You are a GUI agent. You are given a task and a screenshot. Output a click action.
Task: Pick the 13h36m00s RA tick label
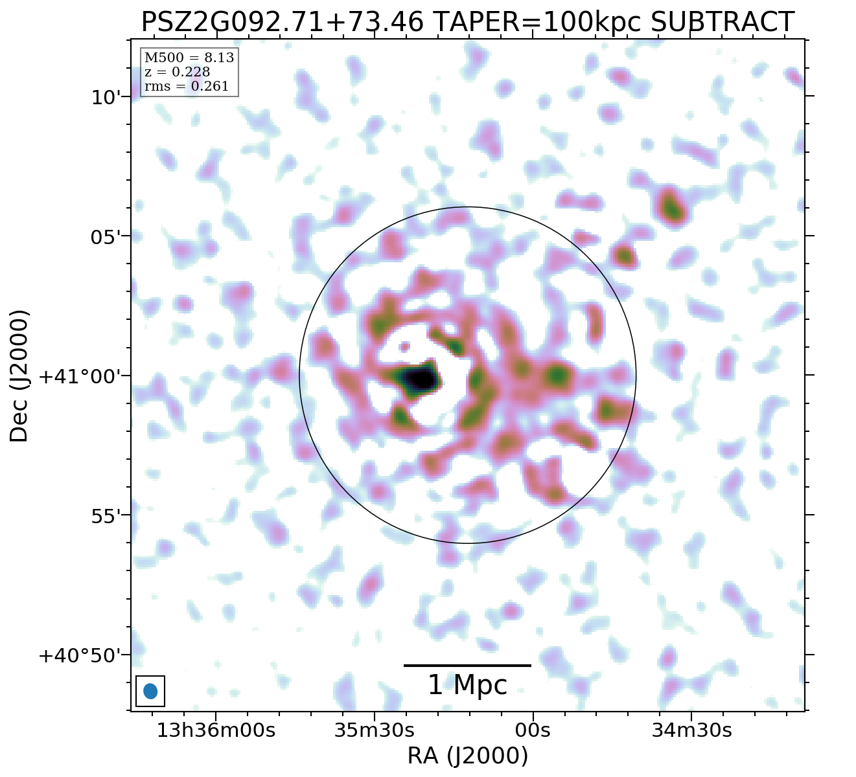tap(216, 730)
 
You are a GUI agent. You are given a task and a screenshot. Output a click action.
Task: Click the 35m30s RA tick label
tap(374, 730)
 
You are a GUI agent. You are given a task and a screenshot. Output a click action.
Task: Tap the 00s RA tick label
tap(533, 730)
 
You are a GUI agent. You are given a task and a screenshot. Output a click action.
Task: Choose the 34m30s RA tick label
tap(692, 730)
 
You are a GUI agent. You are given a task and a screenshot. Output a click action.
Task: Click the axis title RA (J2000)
tap(467, 756)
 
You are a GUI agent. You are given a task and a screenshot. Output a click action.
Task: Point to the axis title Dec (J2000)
tap(19, 376)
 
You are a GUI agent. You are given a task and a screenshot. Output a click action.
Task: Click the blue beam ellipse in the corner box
tap(150, 691)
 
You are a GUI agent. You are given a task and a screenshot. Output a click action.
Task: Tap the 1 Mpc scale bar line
tap(467, 665)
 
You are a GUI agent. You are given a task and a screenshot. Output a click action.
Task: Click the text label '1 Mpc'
tap(467, 685)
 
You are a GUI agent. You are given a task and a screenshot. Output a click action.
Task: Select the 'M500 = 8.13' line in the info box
tap(189, 58)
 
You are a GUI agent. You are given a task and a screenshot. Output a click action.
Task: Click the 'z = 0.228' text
tap(177, 73)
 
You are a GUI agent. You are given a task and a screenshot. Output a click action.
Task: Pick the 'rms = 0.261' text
tap(186, 87)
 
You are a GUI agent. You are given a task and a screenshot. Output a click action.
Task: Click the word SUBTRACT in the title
tap(722, 22)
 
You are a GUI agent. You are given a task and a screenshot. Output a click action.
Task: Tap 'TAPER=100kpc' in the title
tap(537, 22)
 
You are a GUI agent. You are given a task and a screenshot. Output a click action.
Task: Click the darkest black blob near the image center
tap(421, 378)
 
